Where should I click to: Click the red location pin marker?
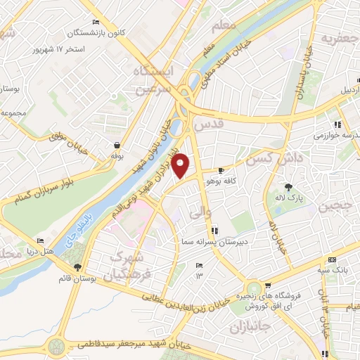(x=181, y=165)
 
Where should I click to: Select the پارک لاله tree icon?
(x=288, y=187)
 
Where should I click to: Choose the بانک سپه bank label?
(x=344, y=270)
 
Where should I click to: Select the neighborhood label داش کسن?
(x=285, y=157)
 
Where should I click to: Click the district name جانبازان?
(x=251, y=328)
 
